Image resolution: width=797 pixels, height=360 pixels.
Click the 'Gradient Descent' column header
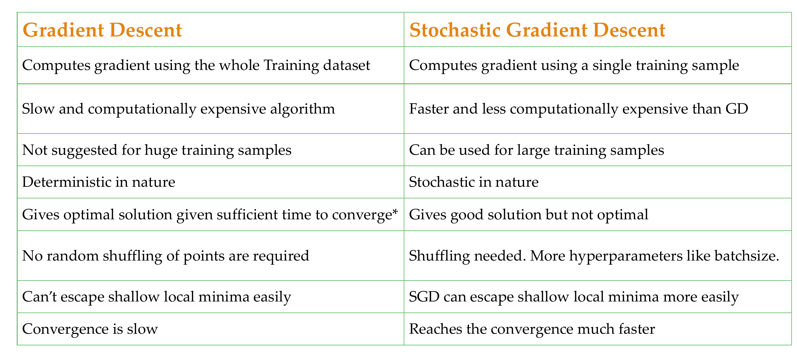(x=102, y=30)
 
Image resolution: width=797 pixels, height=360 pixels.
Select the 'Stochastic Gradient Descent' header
(x=537, y=30)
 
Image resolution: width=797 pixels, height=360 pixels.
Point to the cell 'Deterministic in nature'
(x=99, y=182)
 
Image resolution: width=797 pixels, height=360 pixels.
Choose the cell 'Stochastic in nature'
(x=474, y=182)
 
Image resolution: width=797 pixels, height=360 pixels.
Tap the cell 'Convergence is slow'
(x=90, y=329)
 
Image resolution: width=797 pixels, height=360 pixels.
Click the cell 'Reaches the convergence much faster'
(x=532, y=329)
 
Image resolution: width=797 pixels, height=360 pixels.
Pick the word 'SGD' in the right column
(x=424, y=297)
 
